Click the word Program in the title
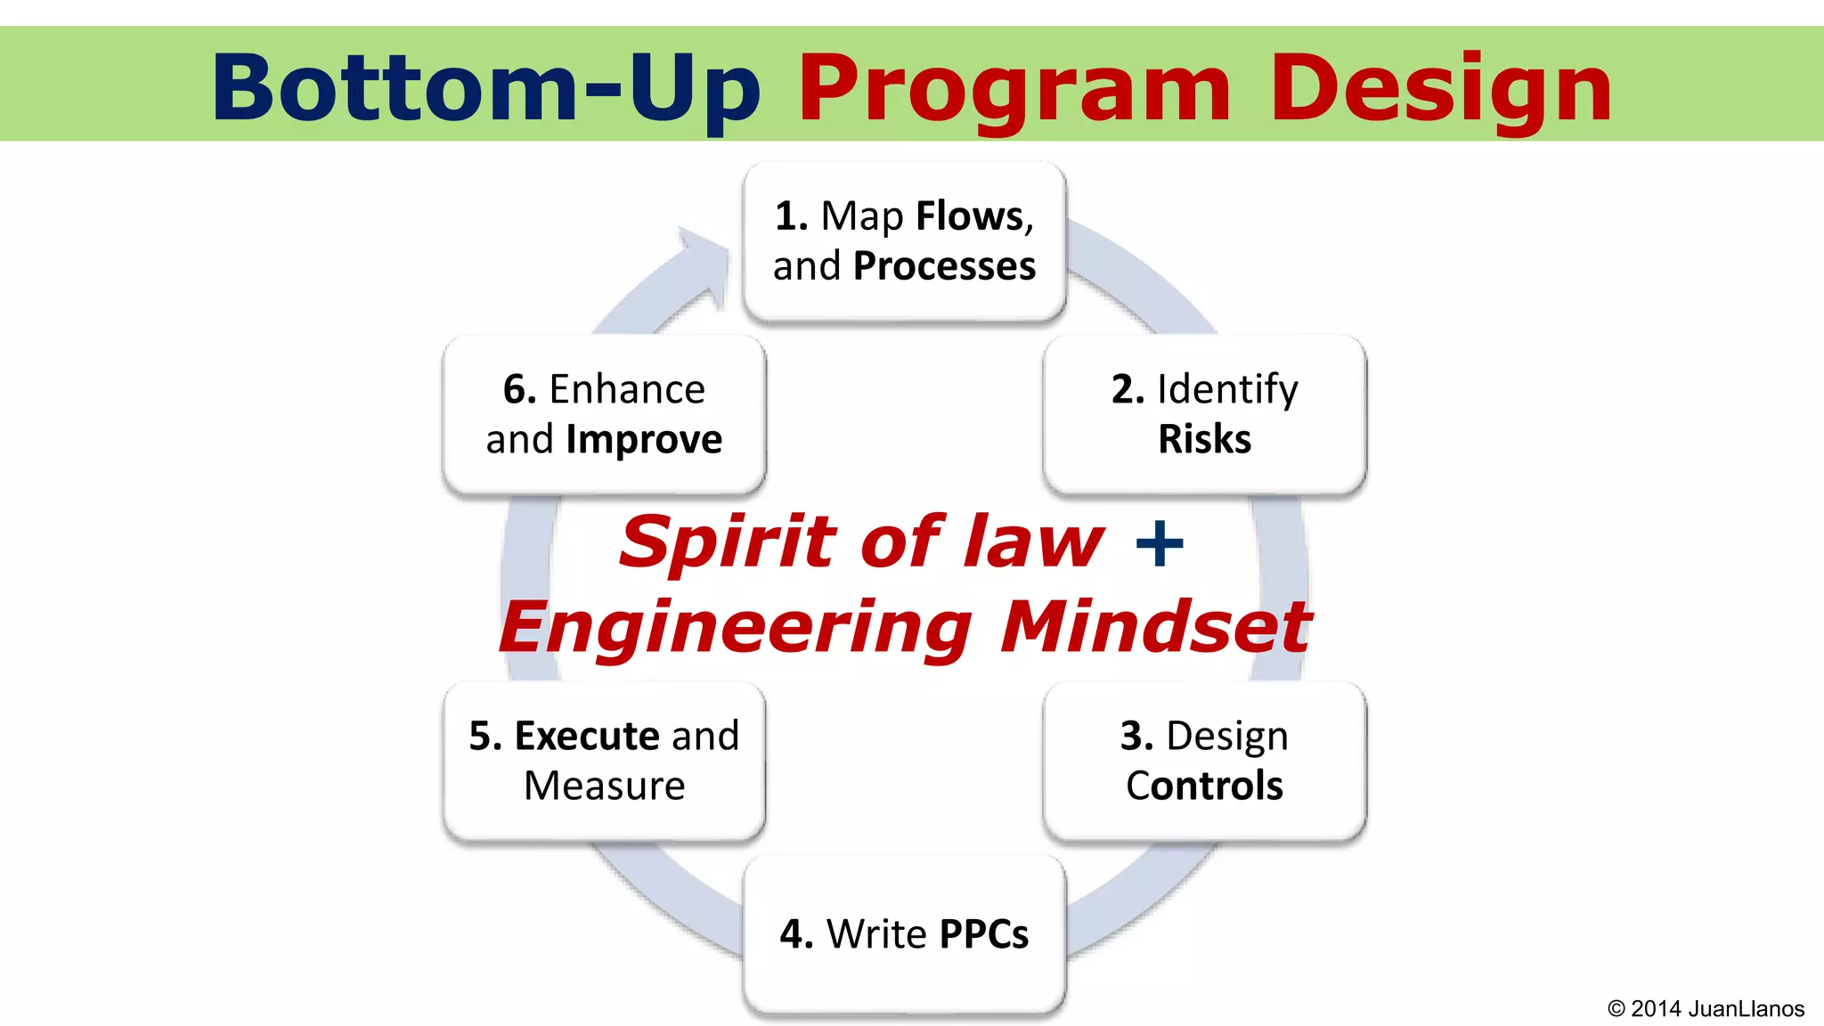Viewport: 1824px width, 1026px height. pyautogui.click(x=1014, y=89)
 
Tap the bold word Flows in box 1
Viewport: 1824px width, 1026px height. pyautogui.click(x=970, y=216)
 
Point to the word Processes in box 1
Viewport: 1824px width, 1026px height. pyautogui.click(x=944, y=266)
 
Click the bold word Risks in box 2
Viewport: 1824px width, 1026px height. pyautogui.click(x=1204, y=439)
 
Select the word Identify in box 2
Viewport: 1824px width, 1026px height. pyautogui.click(x=1227, y=389)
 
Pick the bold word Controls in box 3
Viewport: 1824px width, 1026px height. pyautogui.click(x=1204, y=786)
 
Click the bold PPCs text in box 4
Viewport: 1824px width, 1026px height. pyautogui.click(x=983, y=934)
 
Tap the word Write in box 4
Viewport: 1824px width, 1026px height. pyautogui.click(x=876, y=934)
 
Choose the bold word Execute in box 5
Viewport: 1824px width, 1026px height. pyautogui.click(x=587, y=736)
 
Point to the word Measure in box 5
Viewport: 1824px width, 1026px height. pyautogui.click(x=604, y=786)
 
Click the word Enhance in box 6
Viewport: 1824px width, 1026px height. pyautogui.click(x=627, y=389)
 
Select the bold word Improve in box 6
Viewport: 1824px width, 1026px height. pyautogui.click(x=644, y=439)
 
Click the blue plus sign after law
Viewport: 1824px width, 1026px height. pyautogui.click(x=1160, y=543)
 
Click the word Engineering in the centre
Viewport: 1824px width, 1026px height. pyautogui.click(x=735, y=628)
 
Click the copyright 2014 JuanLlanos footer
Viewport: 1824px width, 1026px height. pyautogui.click(x=1706, y=1008)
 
